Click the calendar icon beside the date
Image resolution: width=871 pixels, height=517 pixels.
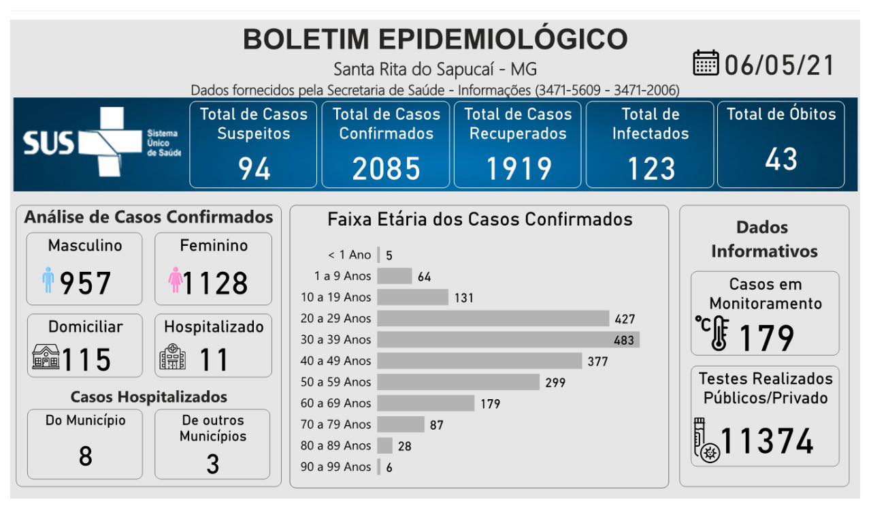(x=706, y=64)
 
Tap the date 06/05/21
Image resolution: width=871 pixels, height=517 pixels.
(x=780, y=65)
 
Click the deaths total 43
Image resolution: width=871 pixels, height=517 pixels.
(x=780, y=159)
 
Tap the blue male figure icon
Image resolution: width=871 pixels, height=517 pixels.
(x=48, y=280)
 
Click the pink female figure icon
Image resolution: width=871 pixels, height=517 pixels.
(x=176, y=280)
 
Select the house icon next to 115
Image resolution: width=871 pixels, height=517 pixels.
(x=46, y=358)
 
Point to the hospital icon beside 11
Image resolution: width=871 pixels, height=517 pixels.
(x=172, y=358)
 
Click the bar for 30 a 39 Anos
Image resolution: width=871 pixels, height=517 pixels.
(x=508, y=339)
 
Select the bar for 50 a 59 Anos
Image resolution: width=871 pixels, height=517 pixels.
(x=458, y=381)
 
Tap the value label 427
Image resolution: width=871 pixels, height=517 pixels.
(x=625, y=318)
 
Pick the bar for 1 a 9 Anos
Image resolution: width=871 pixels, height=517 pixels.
(x=394, y=276)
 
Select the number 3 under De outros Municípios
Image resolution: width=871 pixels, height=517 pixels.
(x=212, y=465)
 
